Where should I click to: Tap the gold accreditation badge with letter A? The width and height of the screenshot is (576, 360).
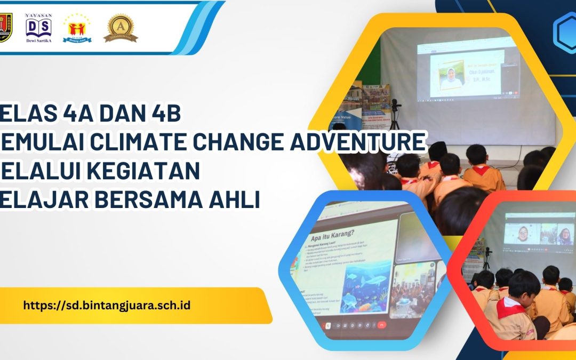coord(121,28)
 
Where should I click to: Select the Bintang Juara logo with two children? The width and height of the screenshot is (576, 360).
coord(77,28)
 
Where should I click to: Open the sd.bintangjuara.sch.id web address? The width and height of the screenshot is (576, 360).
coord(107,306)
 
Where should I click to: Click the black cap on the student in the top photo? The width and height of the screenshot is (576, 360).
coord(438,151)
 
